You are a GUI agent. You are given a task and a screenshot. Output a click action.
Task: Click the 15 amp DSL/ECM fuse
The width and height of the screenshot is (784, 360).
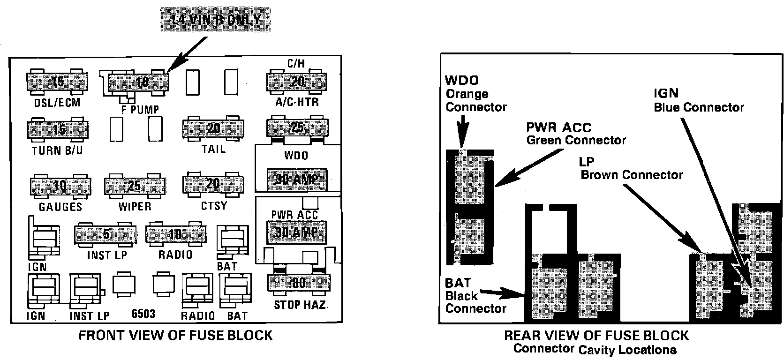click(57, 82)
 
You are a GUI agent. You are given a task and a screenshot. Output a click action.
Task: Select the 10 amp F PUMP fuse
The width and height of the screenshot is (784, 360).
click(139, 83)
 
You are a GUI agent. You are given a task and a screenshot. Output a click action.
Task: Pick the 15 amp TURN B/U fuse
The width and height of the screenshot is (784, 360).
click(58, 129)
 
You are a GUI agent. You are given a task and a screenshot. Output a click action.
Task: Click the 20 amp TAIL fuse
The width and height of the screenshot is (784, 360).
click(213, 128)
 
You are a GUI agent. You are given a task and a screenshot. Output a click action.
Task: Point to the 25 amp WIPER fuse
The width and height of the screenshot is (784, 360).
click(135, 186)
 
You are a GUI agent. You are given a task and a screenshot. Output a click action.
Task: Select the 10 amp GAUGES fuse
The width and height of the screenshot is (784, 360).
click(60, 186)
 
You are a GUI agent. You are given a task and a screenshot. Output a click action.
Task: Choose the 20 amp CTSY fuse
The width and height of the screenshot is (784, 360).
click(213, 183)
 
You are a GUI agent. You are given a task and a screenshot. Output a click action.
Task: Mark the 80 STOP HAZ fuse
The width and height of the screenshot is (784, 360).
click(298, 283)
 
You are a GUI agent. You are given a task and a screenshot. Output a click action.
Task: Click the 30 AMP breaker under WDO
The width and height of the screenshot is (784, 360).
click(297, 179)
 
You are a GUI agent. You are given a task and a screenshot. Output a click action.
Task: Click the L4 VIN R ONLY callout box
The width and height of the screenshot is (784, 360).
click(216, 20)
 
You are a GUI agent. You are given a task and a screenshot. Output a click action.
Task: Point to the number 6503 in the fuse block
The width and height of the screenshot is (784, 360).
click(143, 314)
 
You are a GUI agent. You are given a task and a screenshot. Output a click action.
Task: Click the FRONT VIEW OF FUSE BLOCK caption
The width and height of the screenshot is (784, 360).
click(175, 336)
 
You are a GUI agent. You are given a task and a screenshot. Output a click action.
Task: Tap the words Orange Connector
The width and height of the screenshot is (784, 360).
click(476, 100)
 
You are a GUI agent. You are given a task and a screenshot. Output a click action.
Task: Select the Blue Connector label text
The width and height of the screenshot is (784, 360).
click(699, 107)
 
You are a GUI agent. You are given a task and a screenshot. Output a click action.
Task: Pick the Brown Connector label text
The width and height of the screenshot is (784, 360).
click(632, 175)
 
